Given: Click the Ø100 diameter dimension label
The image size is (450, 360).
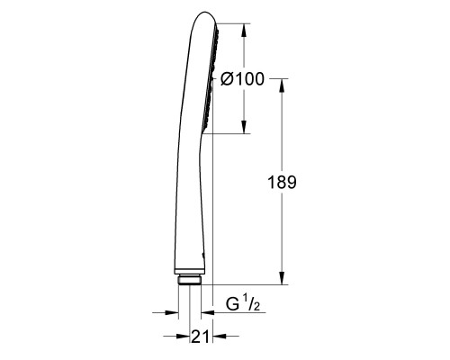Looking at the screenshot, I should pyautogui.click(x=242, y=79).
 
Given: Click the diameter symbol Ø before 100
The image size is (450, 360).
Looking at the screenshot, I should pyautogui.click(x=227, y=79).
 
